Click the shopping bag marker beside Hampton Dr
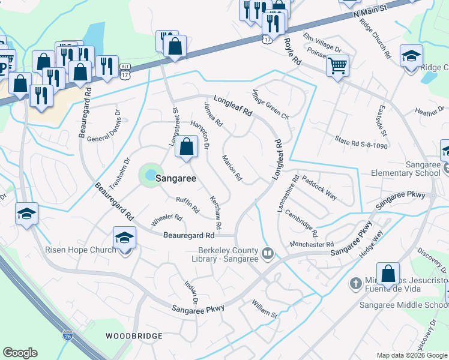tap(186, 147)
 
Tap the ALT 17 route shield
tap(125, 71)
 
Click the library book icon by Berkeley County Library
tap(268, 254)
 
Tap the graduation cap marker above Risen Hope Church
tap(124, 238)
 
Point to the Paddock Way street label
tap(319, 188)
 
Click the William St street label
tap(265, 310)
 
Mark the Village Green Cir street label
tap(271, 106)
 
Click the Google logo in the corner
tap(20, 353)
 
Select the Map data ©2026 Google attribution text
tap(411, 355)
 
